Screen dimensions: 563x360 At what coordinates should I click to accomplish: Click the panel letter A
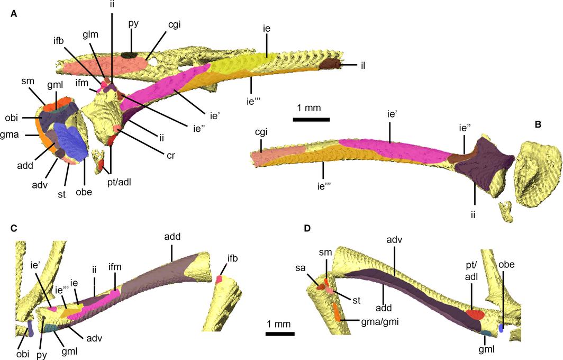[14, 14]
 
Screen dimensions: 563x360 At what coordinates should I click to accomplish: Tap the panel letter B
[538, 124]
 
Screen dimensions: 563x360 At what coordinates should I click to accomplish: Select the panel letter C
[14, 229]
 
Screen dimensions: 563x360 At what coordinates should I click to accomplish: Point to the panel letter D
[307, 229]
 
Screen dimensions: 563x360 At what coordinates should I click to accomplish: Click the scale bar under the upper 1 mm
[311, 119]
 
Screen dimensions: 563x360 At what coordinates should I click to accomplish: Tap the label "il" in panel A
[362, 66]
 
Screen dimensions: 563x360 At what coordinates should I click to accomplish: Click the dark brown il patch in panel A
[330, 64]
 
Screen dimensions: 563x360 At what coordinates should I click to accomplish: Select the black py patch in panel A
[129, 55]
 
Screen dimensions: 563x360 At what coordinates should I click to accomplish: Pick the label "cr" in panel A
[171, 156]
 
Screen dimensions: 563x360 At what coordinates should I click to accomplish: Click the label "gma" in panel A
[10, 136]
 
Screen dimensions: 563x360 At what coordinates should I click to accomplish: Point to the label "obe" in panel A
[84, 192]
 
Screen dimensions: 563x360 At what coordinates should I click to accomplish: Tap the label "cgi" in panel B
[261, 132]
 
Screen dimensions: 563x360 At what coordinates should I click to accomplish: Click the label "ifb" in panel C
[233, 258]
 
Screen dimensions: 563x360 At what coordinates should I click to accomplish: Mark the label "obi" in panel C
[23, 354]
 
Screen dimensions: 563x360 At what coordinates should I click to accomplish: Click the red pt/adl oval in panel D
[475, 314]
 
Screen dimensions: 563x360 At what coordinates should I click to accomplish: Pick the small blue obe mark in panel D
[501, 328]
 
